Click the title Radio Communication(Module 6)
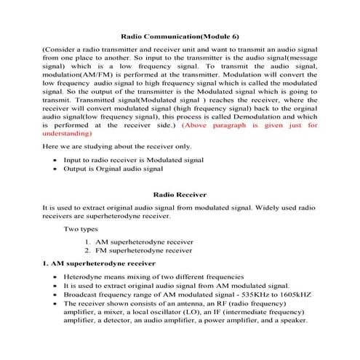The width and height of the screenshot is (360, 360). [179, 35]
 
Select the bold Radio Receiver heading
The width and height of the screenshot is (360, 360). [179, 195]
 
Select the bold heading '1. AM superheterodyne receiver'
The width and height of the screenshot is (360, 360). [100, 263]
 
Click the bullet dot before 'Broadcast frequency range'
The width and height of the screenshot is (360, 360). [56, 295]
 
